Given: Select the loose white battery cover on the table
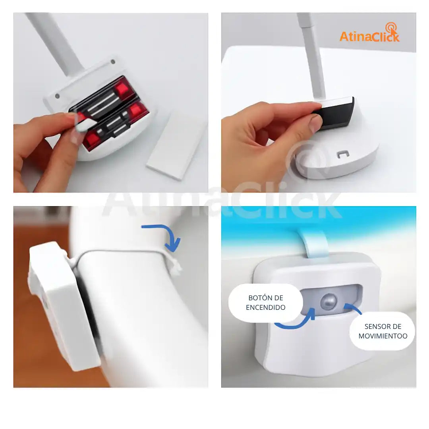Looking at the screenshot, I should click(175, 145).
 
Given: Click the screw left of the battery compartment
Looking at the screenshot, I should click(58, 96).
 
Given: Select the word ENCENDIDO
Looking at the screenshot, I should click(265, 307).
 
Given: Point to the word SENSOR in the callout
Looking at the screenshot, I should click(374, 327).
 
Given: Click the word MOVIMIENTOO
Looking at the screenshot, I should click(383, 336).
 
